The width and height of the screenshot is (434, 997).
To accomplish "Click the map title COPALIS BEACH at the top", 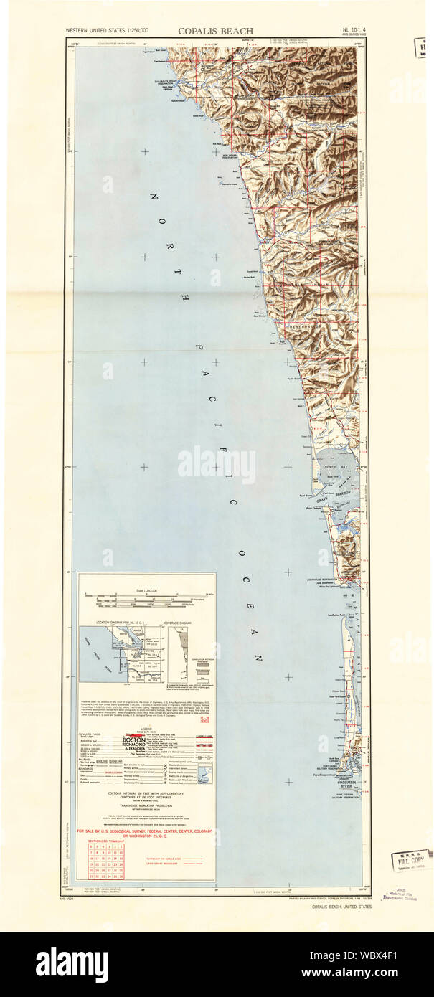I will (x=216, y=31).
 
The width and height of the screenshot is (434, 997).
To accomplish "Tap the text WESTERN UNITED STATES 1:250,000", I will (x=108, y=31).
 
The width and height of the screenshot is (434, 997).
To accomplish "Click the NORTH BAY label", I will (x=328, y=467).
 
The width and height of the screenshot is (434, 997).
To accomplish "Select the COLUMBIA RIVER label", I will (x=350, y=783).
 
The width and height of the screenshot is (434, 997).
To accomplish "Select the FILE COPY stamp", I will (x=407, y=858).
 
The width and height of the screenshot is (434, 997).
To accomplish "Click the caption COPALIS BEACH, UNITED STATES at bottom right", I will (x=341, y=907).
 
